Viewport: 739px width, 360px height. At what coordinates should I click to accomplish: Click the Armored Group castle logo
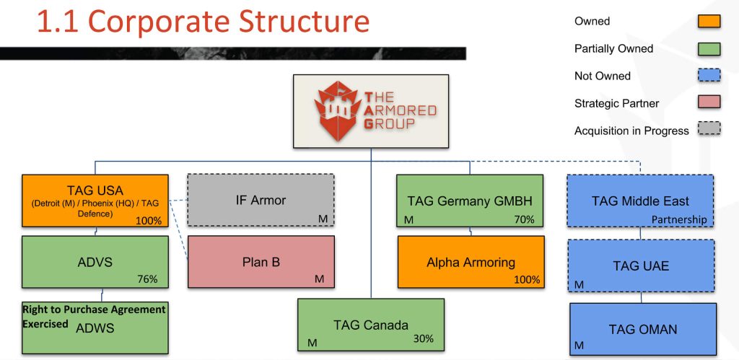coord(336,110)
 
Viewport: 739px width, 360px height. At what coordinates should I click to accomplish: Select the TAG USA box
coord(95,201)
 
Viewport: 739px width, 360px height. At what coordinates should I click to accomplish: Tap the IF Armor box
coord(261,201)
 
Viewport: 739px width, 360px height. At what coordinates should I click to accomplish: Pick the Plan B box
coord(261,261)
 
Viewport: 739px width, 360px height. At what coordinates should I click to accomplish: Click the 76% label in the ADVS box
coord(147,279)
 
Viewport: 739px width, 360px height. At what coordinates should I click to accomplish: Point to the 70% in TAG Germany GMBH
coord(524,219)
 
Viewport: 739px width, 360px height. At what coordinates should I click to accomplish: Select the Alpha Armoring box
coord(471,261)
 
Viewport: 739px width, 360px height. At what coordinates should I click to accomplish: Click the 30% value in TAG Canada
coord(423,339)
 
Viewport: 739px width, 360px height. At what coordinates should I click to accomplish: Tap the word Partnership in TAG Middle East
coord(679,219)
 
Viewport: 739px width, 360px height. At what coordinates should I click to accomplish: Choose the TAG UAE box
coord(641,266)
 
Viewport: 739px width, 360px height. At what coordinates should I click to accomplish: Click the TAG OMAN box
coord(643,329)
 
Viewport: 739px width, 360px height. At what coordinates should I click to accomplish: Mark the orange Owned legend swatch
coord(709,21)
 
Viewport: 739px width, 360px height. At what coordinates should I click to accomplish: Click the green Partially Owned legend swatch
coord(709,48)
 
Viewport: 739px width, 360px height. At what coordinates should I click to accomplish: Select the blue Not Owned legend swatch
coord(709,76)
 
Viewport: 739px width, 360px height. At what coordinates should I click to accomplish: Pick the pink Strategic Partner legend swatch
coord(709,102)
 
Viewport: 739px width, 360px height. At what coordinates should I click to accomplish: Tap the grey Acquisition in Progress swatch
coord(709,129)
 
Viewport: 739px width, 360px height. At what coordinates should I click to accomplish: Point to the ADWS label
coord(95,328)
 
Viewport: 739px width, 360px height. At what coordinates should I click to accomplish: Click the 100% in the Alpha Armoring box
coord(527,280)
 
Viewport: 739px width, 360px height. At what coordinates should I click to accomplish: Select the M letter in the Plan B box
coord(320,279)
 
